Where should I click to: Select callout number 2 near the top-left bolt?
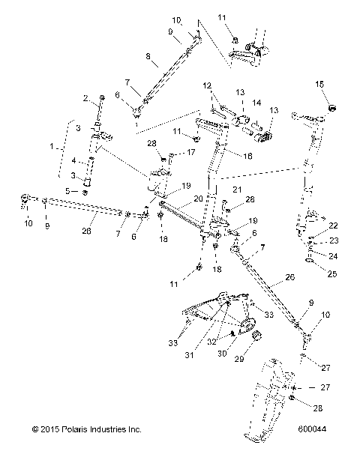coord(86,98)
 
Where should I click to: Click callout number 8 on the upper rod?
coord(148,56)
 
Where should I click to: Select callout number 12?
coord(207,85)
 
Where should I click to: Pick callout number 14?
coord(256,103)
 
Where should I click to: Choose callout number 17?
coord(190,152)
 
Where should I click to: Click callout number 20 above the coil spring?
coord(198,199)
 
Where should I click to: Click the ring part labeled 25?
coord(310,260)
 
